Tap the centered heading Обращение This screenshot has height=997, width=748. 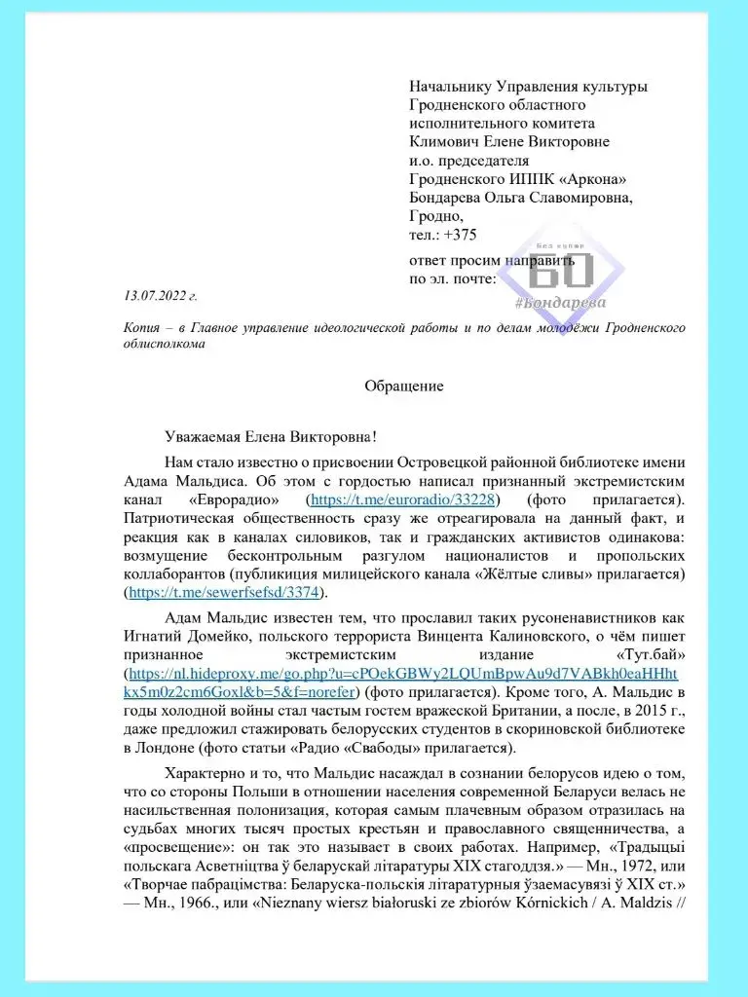tap(403, 386)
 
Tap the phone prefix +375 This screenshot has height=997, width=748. tap(459, 235)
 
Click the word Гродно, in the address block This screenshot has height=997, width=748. tap(437, 216)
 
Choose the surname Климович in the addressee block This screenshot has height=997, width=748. tap(449, 142)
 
